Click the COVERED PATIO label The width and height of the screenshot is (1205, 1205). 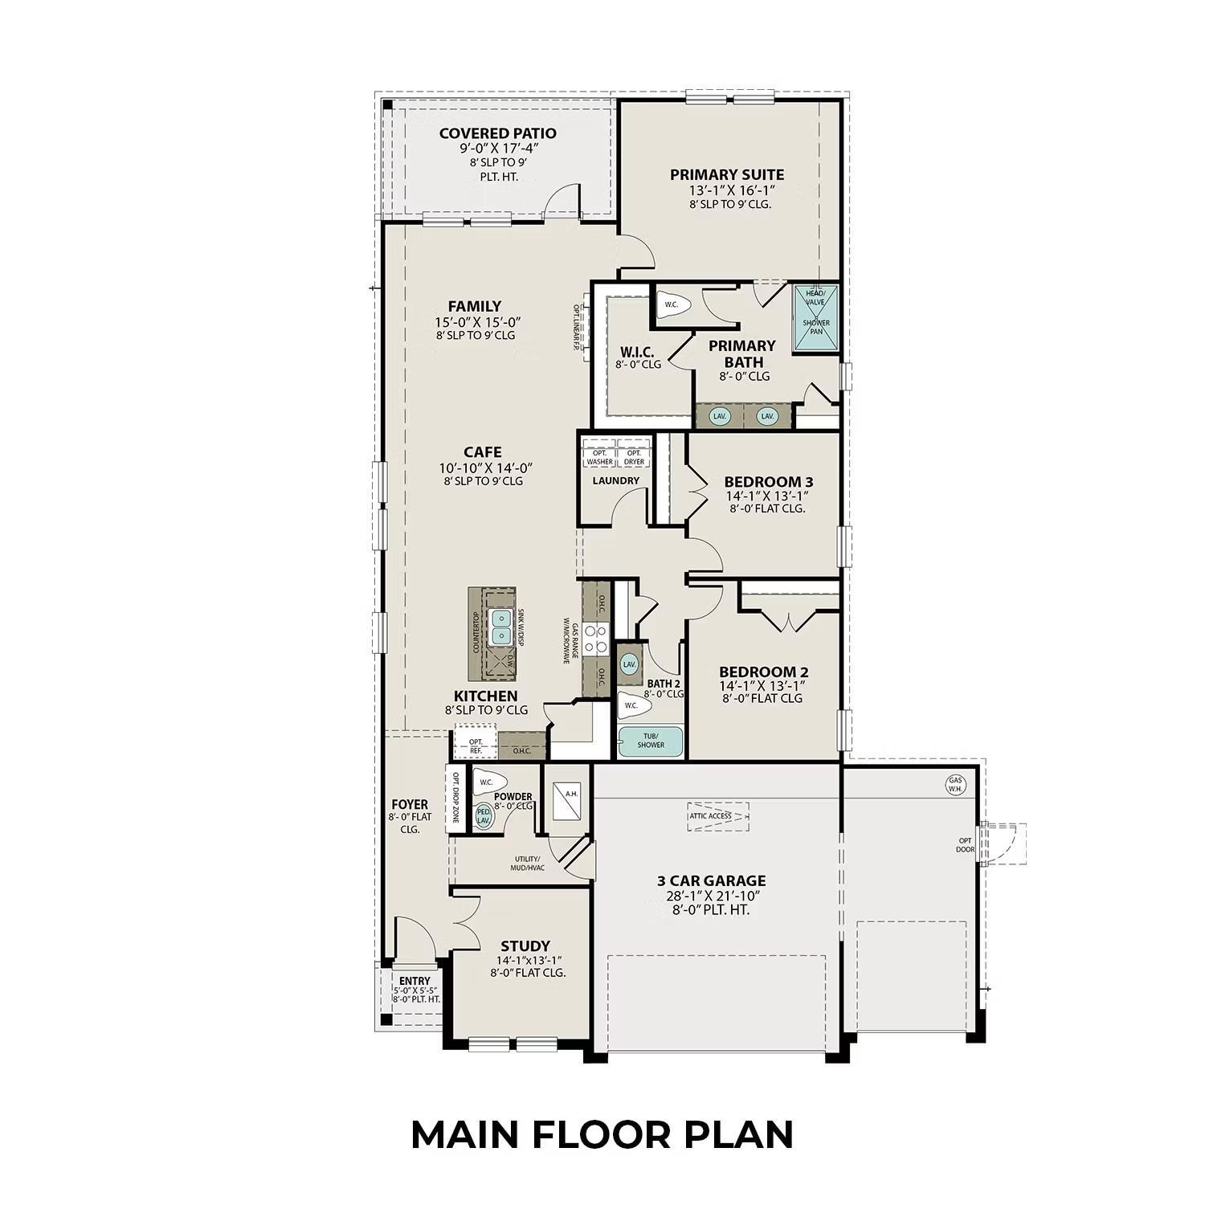497,133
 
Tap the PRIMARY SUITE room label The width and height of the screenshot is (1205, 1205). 727,175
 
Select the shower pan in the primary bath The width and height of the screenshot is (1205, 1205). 815,319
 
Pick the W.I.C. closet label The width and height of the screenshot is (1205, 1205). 637,353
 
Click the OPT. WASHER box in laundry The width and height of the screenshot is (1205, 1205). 599,458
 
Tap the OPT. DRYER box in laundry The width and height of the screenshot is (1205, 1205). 634,458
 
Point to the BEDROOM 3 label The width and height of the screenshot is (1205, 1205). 768,482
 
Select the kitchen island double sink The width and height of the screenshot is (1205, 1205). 502,627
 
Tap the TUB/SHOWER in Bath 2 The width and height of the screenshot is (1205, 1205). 651,741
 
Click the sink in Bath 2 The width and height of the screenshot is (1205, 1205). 629,664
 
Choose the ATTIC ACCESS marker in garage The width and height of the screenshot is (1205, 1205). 717,816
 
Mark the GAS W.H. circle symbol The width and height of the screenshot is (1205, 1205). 955,783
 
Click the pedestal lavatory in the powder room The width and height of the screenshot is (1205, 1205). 484,815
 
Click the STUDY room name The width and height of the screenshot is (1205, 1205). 525,946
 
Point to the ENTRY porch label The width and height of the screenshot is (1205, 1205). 415,981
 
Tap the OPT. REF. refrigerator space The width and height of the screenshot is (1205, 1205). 476,745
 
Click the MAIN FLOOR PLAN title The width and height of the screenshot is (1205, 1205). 602,1134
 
